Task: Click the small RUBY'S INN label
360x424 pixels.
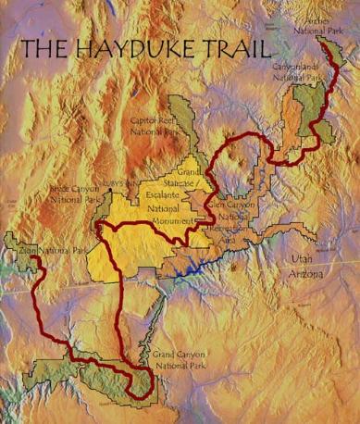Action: coord(119,182)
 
